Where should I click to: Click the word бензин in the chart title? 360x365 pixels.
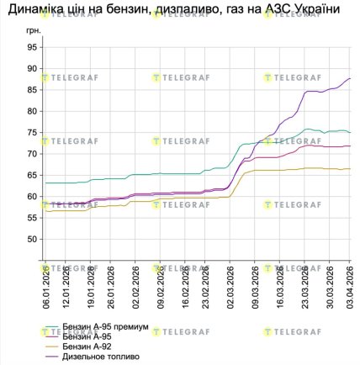pos(127,11)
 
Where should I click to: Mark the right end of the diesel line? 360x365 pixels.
pos(350,78)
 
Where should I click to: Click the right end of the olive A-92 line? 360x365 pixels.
pos(350,169)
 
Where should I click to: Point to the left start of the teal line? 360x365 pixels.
pos(45,182)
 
